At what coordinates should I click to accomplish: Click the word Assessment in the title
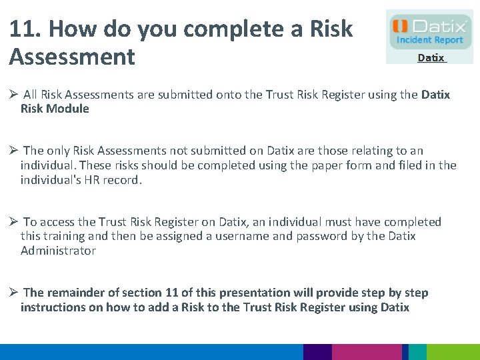pyautogui.click(x=72, y=57)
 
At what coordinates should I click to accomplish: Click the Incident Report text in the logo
pyautogui.click(x=430, y=41)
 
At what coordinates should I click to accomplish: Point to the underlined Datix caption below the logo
pyautogui.click(x=431, y=58)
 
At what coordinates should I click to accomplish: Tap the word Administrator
pyautogui.click(x=58, y=251)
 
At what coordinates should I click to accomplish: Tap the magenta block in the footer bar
pyautogui.click(x=367, y=352)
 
